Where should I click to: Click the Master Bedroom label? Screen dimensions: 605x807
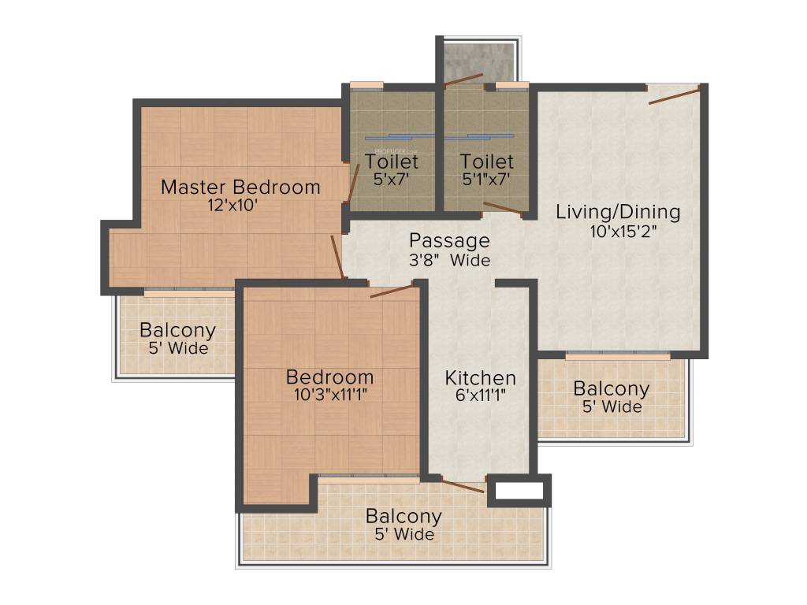coord(240,187)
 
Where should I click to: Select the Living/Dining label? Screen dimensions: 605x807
coord(618,212)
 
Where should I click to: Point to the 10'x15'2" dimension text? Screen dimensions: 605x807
coord(623,232)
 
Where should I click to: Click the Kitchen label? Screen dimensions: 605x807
coord(481,377)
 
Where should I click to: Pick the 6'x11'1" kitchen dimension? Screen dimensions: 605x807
coord(481,395)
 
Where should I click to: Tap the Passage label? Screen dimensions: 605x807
coord(449,240)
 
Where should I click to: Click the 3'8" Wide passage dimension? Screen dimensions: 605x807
coord(449,260)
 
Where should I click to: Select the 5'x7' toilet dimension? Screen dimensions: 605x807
coord(392,179)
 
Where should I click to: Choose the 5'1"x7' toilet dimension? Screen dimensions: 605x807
coord(486,179)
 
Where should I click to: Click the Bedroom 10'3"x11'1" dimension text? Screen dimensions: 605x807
coord(329,394)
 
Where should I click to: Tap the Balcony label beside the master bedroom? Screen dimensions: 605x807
coord(177,330)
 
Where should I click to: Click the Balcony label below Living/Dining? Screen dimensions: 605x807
coord(611,389)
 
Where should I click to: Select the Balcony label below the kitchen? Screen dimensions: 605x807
coord(403,517)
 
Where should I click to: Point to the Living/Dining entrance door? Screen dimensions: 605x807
coord(674,95)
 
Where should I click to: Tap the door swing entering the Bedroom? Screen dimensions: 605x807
coord(392,291)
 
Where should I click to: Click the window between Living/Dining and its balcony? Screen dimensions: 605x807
coord(617,356)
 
